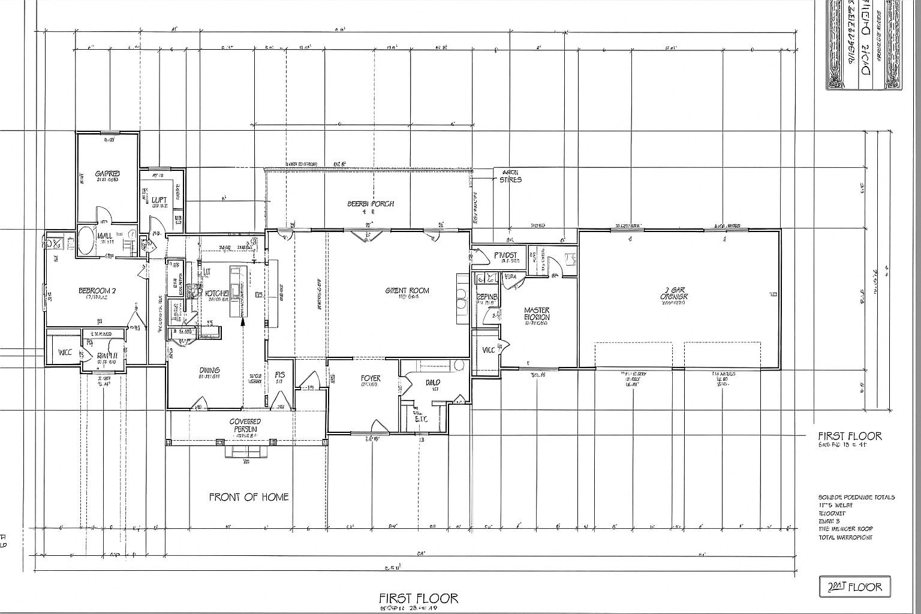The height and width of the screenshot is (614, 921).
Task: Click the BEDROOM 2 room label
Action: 97,291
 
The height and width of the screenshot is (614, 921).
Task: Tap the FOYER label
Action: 371,378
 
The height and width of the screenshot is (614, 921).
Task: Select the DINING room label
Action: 209,371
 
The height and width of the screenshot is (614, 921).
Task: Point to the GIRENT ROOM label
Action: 407,291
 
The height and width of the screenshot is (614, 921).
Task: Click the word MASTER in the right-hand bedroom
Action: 537,311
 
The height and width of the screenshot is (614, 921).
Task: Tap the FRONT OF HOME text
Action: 248,496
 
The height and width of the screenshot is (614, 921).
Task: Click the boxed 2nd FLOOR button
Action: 854,586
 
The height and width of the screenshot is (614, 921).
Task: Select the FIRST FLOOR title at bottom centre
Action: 418,598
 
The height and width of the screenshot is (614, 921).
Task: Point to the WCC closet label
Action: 65,353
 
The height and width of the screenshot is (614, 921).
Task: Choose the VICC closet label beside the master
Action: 488,350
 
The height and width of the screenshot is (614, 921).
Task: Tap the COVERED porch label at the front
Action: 245,422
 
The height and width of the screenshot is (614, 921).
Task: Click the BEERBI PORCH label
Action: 371,203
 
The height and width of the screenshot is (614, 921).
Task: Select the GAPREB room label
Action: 107,173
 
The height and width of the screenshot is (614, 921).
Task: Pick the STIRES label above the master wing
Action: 510,179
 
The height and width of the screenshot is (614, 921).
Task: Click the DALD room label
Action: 433,382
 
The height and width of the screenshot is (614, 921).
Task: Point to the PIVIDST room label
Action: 505,255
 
